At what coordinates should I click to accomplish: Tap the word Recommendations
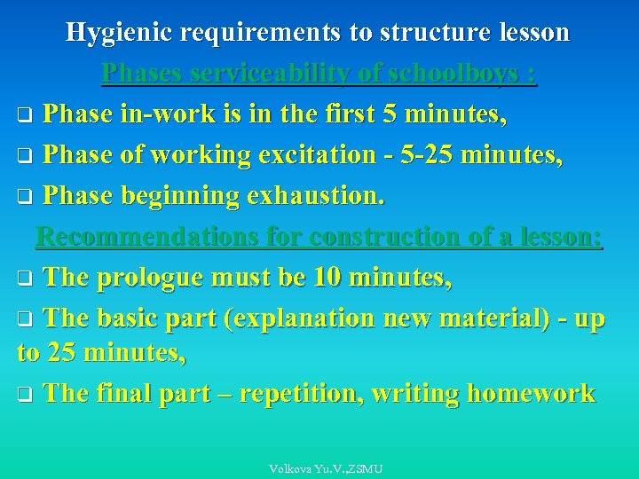click(146, 237)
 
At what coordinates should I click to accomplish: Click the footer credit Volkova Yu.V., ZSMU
click(326, 468)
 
